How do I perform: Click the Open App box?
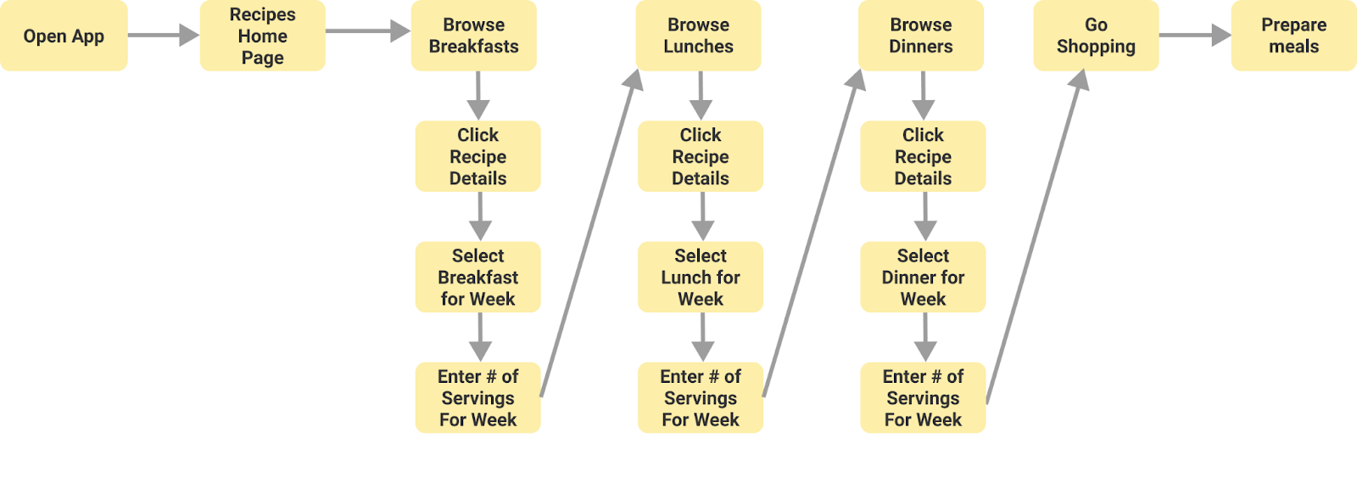click(x=64, y=36)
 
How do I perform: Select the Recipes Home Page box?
click(x=262, y=36)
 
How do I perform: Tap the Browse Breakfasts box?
click(x=473, y=36)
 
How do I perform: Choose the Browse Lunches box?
click(x=698, y=36)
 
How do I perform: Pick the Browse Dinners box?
click(x=921, y=36)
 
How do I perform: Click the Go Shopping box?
click(x=1096, y=36)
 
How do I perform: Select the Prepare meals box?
click(x=1293, y=36)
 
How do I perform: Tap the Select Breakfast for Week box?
click(x=477, y=277)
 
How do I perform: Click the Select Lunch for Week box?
click(x=701, y=277)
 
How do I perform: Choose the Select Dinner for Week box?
click(x=923, y=277)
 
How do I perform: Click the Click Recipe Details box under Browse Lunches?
click(x=701, y=156)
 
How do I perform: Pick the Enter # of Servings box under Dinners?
click(x=923, y=397)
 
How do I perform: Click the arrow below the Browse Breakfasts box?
click(x=478, y=95)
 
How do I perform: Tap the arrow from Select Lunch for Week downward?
click(x=702, y=337)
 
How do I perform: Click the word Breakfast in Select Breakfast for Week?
click(x=477, y=278)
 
